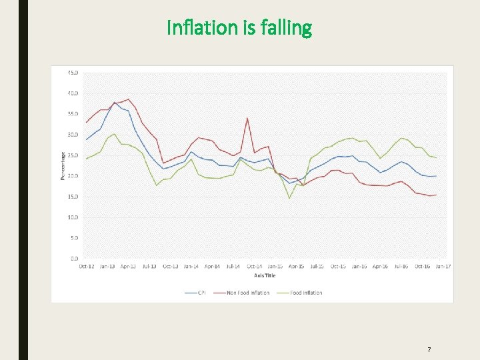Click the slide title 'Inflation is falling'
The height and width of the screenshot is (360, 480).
click(x=239, y=28)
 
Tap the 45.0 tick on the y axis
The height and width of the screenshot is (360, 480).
click(x=73, y=72)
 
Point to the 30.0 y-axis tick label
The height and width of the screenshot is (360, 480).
click(x=73, y=135)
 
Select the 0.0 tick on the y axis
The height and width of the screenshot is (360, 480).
click(x=74, y=258)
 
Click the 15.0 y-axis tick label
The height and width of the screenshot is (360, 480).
click(x=73, y=197)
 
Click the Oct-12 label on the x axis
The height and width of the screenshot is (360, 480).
click(x=85, y=267)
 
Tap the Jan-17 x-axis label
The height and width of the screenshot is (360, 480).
click(x=443, y=267)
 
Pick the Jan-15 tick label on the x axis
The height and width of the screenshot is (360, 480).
click(x=275, y=267)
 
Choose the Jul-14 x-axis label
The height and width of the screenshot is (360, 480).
click(x=233, y=267)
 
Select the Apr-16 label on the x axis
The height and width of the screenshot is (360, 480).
click(x=380, y=267)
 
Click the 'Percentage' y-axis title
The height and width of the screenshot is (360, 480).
click(x=63, y=165)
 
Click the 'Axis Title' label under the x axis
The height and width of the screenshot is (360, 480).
click(x=264, y=275)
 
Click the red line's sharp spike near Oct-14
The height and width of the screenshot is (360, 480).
click(x=247, y=118)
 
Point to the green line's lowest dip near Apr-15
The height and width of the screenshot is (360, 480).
click(x=289, y=198)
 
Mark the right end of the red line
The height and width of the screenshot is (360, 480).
click(x=436, y=195)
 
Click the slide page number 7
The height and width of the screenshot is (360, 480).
click(x=429, y=349)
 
